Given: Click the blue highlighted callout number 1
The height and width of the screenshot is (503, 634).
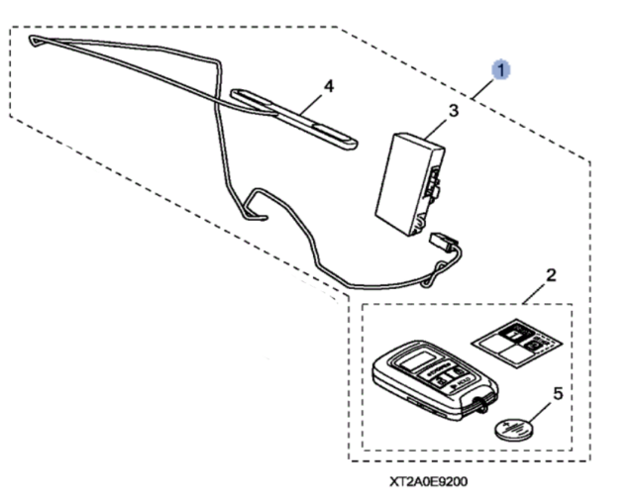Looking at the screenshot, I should click(x=502, y=69).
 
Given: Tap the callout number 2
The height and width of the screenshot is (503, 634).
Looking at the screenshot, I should click(x=552, y=273).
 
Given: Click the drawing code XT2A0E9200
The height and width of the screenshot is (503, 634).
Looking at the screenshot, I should click(x=428, y=483).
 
